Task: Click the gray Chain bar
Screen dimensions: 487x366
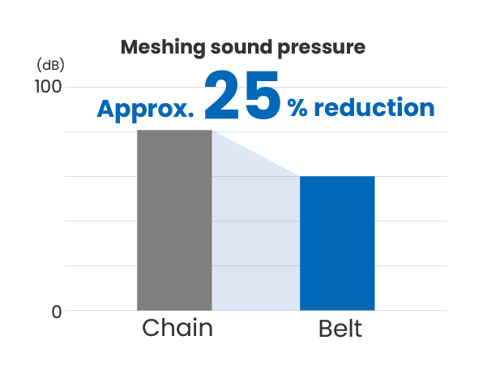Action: [174, 220]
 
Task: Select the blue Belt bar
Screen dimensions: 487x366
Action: [337, 243]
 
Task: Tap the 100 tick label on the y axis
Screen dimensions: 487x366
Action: [48, 87]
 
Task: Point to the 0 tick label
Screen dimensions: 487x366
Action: [57, 312]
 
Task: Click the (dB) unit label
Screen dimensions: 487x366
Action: [50, 65]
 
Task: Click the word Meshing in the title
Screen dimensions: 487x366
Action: [163, 48]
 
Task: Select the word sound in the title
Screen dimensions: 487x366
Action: [241, 47]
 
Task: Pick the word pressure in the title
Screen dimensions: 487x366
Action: [321, 49]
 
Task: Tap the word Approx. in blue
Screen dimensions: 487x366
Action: [145, 110]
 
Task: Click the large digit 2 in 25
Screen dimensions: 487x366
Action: [222, 95]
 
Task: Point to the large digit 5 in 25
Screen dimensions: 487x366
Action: [263, 95]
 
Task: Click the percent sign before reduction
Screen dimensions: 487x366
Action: [297, 108]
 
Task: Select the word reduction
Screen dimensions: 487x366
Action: [374, 107]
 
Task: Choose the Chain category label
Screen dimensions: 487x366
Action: [177, 328]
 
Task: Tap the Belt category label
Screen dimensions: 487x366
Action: [340, 329]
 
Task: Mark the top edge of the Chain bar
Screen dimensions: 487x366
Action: [174, 130]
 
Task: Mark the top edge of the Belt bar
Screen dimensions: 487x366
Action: [337, 176]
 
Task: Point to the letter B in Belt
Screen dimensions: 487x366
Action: [325, 329]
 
